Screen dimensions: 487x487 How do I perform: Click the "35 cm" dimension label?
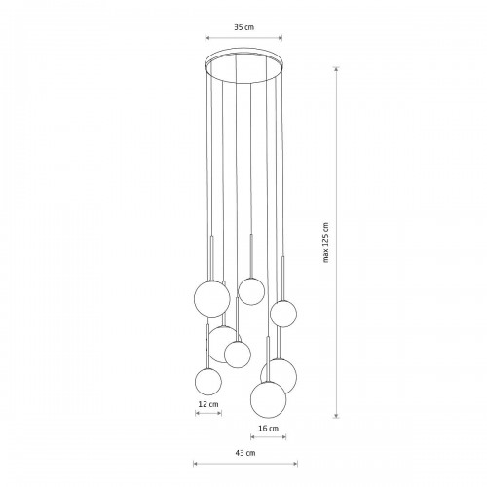(x=244, y=27)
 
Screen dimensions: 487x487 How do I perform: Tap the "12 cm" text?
(x=208, y=404)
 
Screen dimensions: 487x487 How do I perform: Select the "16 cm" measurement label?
(x=268, y=429)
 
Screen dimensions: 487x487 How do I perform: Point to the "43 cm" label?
(x=245, y=453)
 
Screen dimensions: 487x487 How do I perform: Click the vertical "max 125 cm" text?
(x=326, y=243)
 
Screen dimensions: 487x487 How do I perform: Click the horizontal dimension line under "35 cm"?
(x=243, y=38)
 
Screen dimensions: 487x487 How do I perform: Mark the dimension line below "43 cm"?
(x=245, y=464)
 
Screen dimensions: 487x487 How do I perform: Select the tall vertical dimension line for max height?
(x=337, y=243)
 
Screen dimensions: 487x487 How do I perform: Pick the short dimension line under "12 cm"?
(x=208, y=413)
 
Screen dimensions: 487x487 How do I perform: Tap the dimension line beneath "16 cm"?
(x=269, y=437)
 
